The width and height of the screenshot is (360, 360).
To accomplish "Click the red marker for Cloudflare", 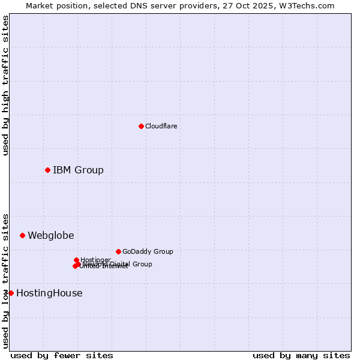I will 141,126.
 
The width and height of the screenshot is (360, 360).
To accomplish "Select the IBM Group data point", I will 47,170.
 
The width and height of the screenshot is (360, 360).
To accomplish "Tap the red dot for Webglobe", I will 22,235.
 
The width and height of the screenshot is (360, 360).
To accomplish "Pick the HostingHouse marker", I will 11,293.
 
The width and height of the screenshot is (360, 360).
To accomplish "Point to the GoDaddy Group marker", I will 118,251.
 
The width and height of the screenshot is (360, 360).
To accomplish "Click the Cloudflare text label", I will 161,126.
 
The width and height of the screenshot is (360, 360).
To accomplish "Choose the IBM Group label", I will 78,170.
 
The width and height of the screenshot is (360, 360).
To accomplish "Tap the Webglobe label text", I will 51,235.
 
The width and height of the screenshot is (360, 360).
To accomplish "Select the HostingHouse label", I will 49,293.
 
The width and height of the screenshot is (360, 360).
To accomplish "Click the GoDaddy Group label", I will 148,251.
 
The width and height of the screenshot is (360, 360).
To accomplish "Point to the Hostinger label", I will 95,260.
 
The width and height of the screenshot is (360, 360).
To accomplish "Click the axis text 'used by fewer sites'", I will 62,355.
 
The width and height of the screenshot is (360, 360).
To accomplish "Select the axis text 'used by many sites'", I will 301,355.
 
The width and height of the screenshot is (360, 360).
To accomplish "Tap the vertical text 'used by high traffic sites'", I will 5,85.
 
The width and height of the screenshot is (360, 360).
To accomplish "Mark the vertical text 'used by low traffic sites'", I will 5,280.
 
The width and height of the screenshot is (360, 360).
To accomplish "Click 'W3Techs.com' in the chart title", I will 310,5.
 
